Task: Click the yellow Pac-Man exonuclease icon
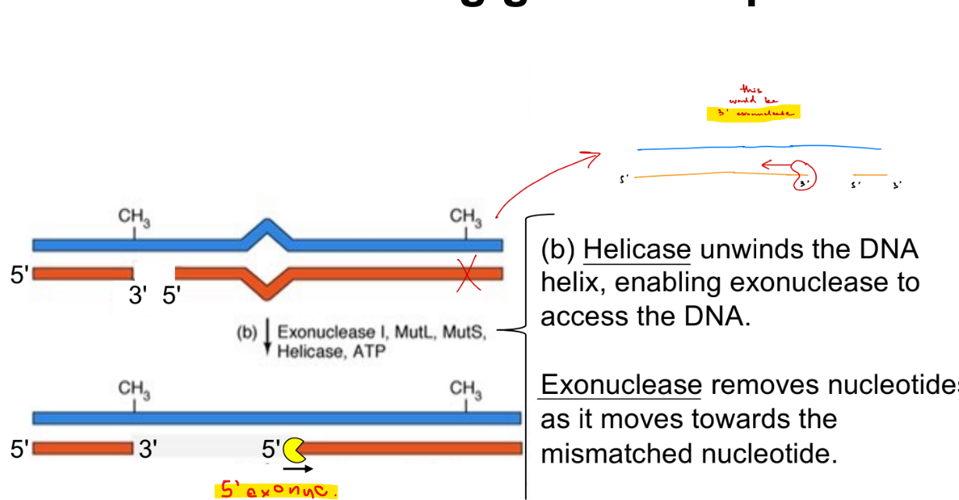pyautogui.click(x=293, y=449)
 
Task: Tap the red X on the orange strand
pyautogui.click(x=469, y=275)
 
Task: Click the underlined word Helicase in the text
pyautogui.click(x=637, y=250)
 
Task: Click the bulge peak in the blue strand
pyautogui.click(x=268, y=227)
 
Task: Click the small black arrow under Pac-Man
pyautogui.click(x=298, y=469)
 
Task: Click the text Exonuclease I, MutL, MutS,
pyautogui.click(x=382, y=333)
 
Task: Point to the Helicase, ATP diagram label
pyautogui.click(x=332, y=351)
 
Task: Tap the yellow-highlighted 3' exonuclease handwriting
pyautogui.click(x=753, y=113)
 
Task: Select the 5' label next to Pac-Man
pyautogui.click(x=271, y=449)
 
